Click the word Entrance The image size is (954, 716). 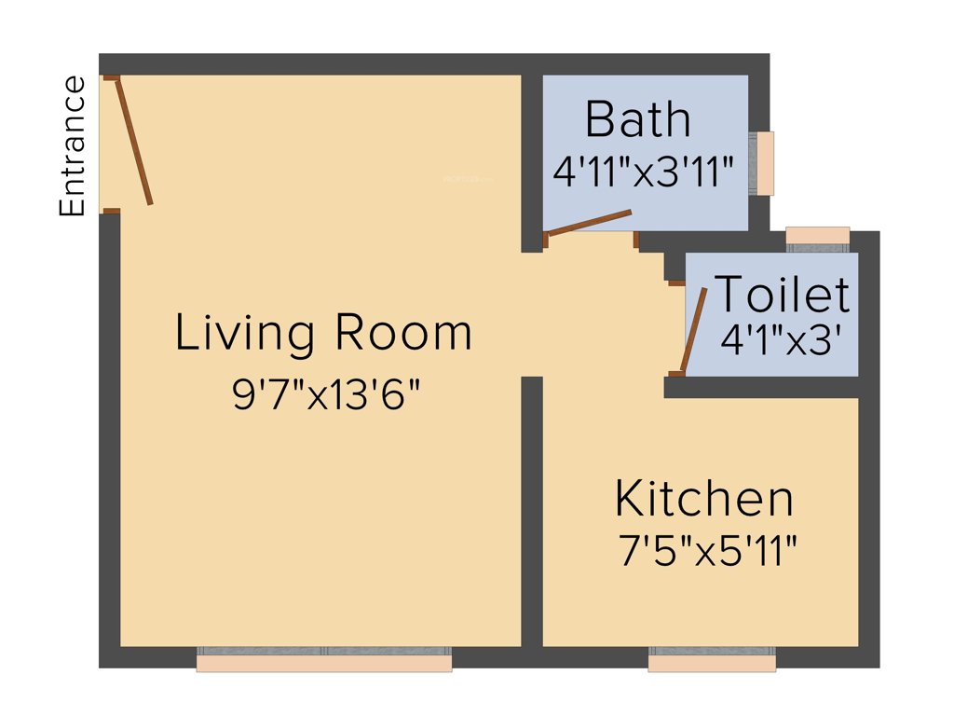pos(72,146)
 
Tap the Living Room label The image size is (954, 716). pos(323,334)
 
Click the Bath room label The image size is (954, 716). pos(638,120)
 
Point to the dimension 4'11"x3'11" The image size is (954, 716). pos(644,172)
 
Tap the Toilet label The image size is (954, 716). pos(781,295)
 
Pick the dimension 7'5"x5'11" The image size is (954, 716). pos(707,552)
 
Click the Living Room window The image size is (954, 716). pos(323,658)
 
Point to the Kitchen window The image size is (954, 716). pos(712,659)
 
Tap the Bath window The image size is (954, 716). pos(765,163)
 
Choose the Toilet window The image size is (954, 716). pos(817,237)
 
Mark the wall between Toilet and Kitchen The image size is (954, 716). pos(762,388)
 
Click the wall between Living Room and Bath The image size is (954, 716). pos(532,158)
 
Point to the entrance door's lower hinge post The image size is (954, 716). pos(111,211)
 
